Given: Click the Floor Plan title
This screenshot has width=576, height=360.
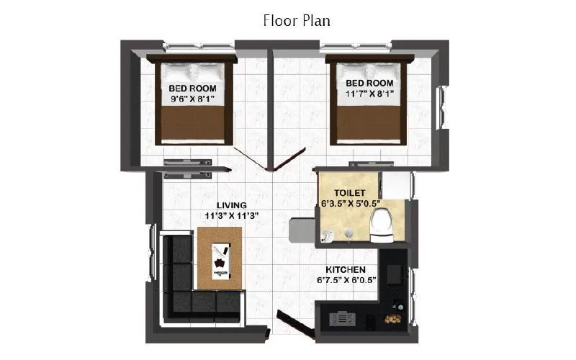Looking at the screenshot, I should pyautogui.click(x=297, y=20).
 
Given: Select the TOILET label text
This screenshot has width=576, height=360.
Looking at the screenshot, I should pyautogui.click(x=350, y=193).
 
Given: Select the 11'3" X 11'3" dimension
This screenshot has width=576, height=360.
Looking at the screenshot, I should pyautogui.click(x=232, y=215).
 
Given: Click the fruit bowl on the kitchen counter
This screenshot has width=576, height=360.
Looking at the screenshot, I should pyautogui.click(x=394, y=318).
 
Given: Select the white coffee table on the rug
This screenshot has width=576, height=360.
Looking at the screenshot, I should pyautogui.click(x=220, y=259).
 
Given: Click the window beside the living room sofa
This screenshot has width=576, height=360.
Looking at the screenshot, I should pyautogui.click(x=152, y=252).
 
